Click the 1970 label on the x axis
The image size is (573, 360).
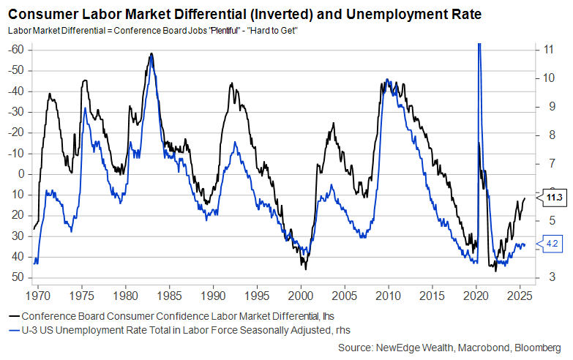37,297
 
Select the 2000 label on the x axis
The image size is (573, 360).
300,297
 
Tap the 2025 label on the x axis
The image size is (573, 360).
520,297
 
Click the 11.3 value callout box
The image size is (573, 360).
553,198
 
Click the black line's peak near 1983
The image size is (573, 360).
151,53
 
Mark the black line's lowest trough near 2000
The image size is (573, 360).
305,269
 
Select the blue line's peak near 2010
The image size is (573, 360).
387,79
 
